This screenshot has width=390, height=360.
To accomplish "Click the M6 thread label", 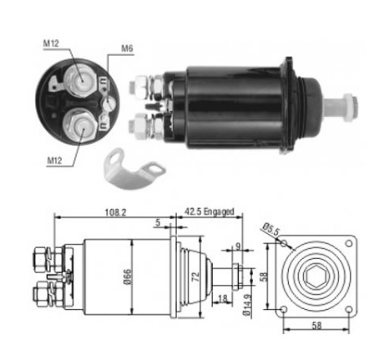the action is point(127,48).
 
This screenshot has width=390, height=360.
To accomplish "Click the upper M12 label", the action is point(51,43).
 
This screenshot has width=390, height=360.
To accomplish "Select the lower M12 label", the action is point(54,160).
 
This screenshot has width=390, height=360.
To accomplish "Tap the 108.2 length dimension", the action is point(115,212).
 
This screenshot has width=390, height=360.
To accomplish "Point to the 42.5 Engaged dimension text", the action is point(210,211).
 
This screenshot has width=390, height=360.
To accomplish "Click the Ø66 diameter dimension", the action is point(127,276).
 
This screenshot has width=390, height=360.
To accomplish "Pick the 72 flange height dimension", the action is point(195,276).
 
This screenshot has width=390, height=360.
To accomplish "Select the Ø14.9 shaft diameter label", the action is point(246,305).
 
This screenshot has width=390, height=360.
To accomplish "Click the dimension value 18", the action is point(222,298).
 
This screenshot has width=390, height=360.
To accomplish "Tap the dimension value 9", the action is point(237,246).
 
